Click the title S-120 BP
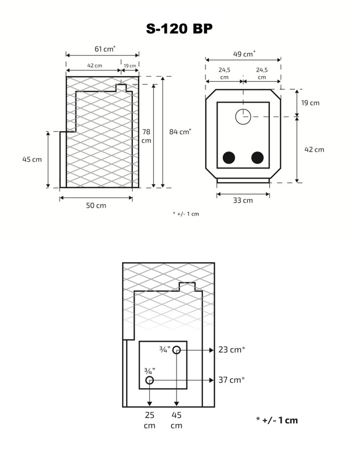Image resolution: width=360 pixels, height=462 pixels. click(x=179, y=29)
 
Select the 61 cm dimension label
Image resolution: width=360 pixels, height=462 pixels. click(x=104, y=49)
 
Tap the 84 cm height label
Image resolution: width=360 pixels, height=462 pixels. click(x=180, y=132)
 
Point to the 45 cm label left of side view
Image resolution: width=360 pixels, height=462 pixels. click(x=32, y=159)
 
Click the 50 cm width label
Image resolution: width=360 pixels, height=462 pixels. click(x=96, y=205)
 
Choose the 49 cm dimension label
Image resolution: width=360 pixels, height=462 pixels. click(x=244, y=54)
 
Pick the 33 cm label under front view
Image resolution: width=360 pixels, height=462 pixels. click(x=243, y=200)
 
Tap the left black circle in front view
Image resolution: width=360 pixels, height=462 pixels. click(x=229, y=158)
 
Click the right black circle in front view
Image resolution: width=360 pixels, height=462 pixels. click(x=258, y=158)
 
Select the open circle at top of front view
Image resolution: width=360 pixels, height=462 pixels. click(x=243, y=116)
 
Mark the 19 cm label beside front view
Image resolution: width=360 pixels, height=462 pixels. click(x=310, y=103)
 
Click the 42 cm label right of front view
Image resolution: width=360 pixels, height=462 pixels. click(x=314, y=150)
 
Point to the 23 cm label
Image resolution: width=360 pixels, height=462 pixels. click(x=231, y=350)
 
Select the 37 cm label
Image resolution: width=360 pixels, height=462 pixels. click(x=231, y=380)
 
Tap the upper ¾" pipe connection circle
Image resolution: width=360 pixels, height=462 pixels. click(x=177, y=350)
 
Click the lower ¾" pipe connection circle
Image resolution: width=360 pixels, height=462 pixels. click(x=149, y=380)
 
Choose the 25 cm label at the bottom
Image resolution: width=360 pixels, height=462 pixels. click(x=149, y=420)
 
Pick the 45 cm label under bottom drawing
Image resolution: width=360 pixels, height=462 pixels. click(x=177, y=420)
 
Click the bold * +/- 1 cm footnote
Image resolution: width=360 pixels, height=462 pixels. click(x=277, y=420)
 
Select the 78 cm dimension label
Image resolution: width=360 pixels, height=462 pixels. click(x=146, y=136)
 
